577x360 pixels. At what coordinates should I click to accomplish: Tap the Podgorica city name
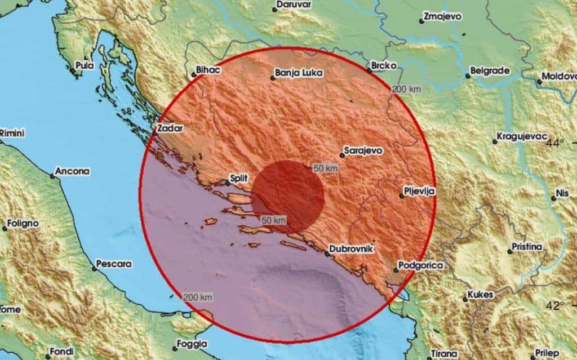click(x=421, y=265)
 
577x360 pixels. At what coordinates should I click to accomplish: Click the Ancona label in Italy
click(x=74, y=171)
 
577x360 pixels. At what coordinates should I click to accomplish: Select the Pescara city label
click(x=114, y=264)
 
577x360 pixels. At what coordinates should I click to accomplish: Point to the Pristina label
click(x=527, y=247)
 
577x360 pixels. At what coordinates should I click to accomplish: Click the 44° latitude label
click(x=554, y=143)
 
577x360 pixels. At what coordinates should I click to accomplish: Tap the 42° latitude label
click(x=554, y=305)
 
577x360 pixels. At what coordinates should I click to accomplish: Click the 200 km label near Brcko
click(x=406, y=88)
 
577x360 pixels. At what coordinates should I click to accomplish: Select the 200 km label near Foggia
click(x=197, y=297)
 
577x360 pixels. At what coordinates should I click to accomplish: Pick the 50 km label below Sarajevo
click(x=326, y=168)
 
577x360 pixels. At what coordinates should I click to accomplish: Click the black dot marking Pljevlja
click(x=401, y=196)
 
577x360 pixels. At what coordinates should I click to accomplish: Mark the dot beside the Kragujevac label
click(x=495, y=141)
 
